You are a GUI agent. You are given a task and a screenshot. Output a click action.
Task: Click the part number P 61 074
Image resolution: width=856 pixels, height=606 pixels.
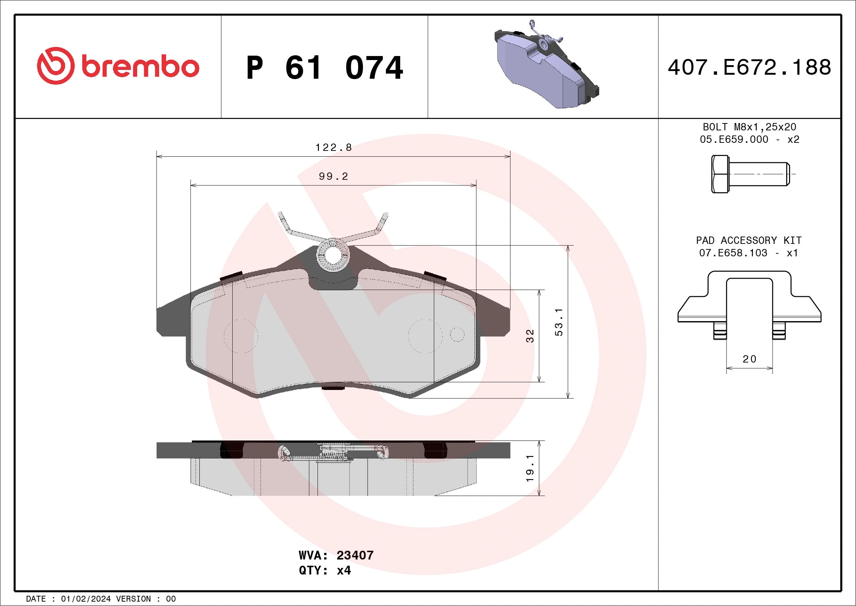[x=324, y=68]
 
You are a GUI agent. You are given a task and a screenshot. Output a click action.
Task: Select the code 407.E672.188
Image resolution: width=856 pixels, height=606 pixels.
[x=750, y=67]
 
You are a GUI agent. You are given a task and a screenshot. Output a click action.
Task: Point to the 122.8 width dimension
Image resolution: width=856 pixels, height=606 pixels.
[x=333, y=148]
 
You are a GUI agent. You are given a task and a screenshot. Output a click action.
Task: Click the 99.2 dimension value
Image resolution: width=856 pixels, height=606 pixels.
[x=333, y=176]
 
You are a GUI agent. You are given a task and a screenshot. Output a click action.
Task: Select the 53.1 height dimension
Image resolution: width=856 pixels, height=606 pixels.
[x=559, y=322]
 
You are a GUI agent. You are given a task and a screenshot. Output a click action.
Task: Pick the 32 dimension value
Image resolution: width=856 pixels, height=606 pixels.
[x=530, y=336]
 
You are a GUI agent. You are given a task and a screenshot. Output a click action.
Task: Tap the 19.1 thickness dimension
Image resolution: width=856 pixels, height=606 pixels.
[x=530, y=468]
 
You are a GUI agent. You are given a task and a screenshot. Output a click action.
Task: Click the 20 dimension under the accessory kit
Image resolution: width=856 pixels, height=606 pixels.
[x=750, y=359]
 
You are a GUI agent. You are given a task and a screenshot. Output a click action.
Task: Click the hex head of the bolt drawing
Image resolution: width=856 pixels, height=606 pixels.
[x=720, y=174]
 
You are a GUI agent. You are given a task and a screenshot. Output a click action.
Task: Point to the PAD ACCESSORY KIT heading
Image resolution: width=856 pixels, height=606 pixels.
[x=748, y=240]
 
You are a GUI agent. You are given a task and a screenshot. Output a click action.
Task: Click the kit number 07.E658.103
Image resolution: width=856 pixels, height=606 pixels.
[x=733, y=253]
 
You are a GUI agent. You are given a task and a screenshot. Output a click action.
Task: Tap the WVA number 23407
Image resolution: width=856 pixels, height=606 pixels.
[x=354, y=555]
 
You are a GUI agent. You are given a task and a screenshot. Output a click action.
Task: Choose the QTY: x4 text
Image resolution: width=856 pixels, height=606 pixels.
[x=325, y=570]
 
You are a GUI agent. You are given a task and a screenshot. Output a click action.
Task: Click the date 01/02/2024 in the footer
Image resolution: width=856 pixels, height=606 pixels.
[x=86, y=599]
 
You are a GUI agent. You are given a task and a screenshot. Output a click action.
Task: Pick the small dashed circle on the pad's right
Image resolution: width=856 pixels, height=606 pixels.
[x=457, y=334]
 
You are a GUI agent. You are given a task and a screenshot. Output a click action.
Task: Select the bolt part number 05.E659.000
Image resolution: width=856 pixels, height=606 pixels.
[x=734, y=140]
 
